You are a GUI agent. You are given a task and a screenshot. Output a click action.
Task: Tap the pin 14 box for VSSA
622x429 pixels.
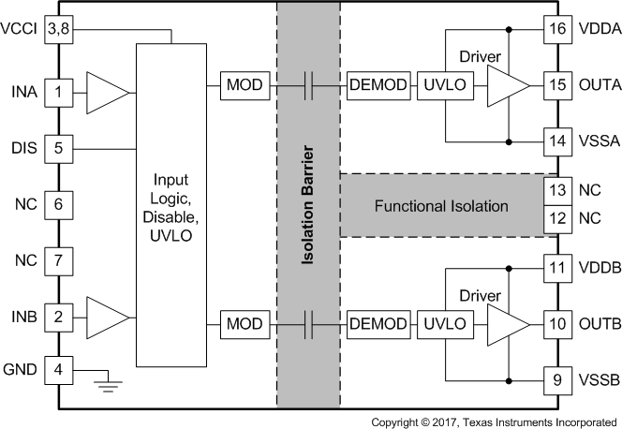[559, 142]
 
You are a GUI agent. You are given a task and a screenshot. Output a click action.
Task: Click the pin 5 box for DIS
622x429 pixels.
[58, 148]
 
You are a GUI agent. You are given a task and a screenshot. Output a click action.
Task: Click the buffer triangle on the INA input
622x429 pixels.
[107, 92]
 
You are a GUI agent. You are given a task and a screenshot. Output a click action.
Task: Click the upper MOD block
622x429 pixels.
[245, 87]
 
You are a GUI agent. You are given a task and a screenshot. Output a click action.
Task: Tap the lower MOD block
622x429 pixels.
[245, 324]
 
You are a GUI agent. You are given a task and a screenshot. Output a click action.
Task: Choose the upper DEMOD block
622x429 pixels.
[378, 87]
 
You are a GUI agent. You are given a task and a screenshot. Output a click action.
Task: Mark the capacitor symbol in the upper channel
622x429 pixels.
[310, 87]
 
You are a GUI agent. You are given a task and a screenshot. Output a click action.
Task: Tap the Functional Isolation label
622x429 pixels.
[440, 205]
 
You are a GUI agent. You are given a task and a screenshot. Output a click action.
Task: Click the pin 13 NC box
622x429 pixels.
[559, 190]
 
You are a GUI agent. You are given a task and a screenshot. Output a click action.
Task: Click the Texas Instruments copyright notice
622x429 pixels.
[494, 422]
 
